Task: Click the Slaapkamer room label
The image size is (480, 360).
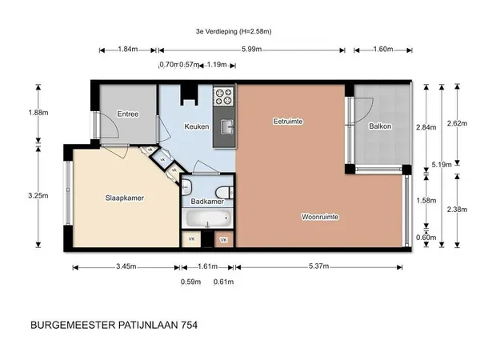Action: (x=125, y=198)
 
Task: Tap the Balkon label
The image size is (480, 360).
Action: (x=380, y=126)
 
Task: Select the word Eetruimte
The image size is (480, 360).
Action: (x=288, y=122)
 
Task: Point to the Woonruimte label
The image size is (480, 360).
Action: (x=320, y=217)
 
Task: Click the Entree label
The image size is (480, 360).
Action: (x=128, y=114)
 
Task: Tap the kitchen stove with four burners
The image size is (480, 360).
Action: (x=224, y=96)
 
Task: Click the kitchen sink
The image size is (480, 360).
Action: (x=227, y=126)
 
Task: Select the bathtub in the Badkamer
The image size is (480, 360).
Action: (x=208, y=218)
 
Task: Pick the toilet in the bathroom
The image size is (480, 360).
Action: (x=224, y=193)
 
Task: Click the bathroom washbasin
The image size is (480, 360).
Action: (x=186, y=186)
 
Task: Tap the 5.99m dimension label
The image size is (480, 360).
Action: (x=252, y=50)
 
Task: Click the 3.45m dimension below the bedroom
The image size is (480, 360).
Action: (x=126, y=266)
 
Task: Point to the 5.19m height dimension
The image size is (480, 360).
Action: (x=442, y=165)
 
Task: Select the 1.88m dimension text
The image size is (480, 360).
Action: (x=38, y=113)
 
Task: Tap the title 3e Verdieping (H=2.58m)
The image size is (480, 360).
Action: (x=234, y=31)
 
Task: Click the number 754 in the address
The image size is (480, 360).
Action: (x=190, y=325)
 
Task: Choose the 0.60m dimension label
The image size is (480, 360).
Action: (x=426, y=238)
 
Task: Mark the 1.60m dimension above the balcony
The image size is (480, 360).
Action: (x=383, y=50)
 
